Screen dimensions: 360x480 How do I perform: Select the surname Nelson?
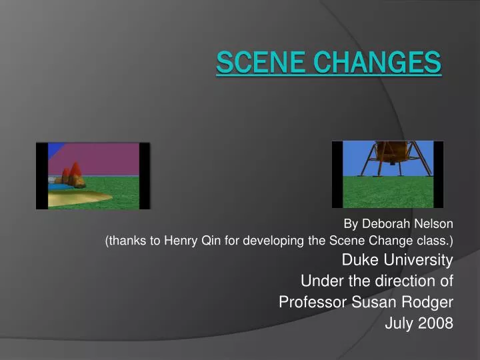435,223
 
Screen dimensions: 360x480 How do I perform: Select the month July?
400,323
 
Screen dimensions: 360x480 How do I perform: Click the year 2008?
437,323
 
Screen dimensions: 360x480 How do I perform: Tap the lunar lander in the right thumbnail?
387,151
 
